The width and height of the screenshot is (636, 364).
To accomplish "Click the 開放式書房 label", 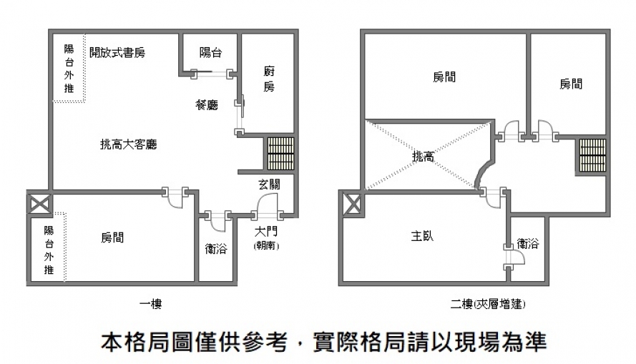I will (x=118, y=52).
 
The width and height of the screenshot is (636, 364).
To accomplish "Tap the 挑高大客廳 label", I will (x=128, y=144).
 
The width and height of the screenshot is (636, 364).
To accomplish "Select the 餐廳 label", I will (x=207, y=105).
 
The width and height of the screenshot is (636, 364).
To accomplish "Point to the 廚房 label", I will (x=269, y=79).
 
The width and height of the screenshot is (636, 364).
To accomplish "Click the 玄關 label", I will (x=269, y=184).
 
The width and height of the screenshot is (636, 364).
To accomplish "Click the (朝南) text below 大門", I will (x=267, y=245).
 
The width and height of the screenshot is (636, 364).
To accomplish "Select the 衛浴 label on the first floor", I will (x=216, y=249).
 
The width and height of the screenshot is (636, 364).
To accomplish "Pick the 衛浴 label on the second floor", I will (x=528, y=244).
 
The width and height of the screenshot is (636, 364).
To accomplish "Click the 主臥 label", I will (x=422, y=236).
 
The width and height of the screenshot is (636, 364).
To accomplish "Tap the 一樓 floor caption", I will (x=150, y=305).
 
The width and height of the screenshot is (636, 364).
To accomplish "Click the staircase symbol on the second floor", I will (x=593, y=155).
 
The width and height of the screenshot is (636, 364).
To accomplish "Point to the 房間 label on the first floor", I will (x=112, y=237).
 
